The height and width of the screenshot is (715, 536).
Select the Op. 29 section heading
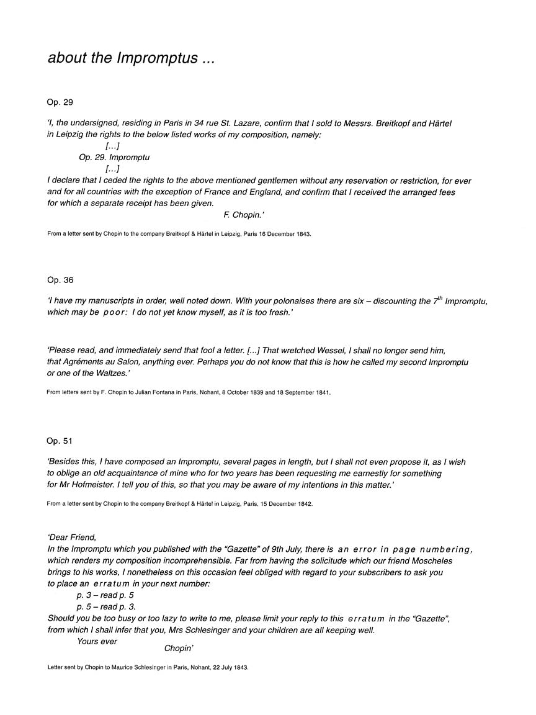point(60,102)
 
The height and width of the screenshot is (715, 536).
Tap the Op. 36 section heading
point(60,281)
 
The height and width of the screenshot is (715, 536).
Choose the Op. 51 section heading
point(60,441)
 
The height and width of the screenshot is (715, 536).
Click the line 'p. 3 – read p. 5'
point(104,595)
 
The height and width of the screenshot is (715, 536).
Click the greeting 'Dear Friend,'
point(73,537)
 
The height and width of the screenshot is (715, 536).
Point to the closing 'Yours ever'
point(97,641)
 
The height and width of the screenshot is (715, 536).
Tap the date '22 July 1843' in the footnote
point(226,667)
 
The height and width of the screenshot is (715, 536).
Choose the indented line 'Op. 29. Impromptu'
point(114,158)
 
